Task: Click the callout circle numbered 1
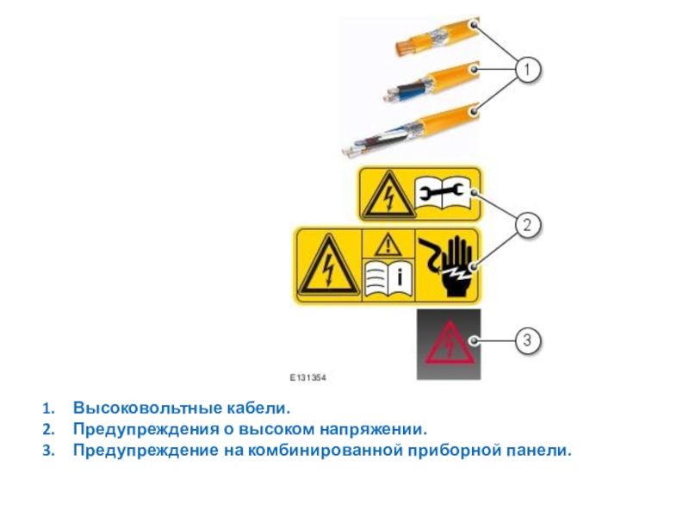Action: (x=527, y=70)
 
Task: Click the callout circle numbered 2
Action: (x=527, y=225)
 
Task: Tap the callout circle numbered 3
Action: (x=527, y=340)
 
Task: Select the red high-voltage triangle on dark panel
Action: (x=450, y=344)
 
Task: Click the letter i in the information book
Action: (x=400, y=277)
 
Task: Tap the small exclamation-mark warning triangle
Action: (x=388, y=245)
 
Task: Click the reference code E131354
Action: (x=307, y=377)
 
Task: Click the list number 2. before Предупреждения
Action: (x=48, y=429)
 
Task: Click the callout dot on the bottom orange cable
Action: (x=474, y=111)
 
